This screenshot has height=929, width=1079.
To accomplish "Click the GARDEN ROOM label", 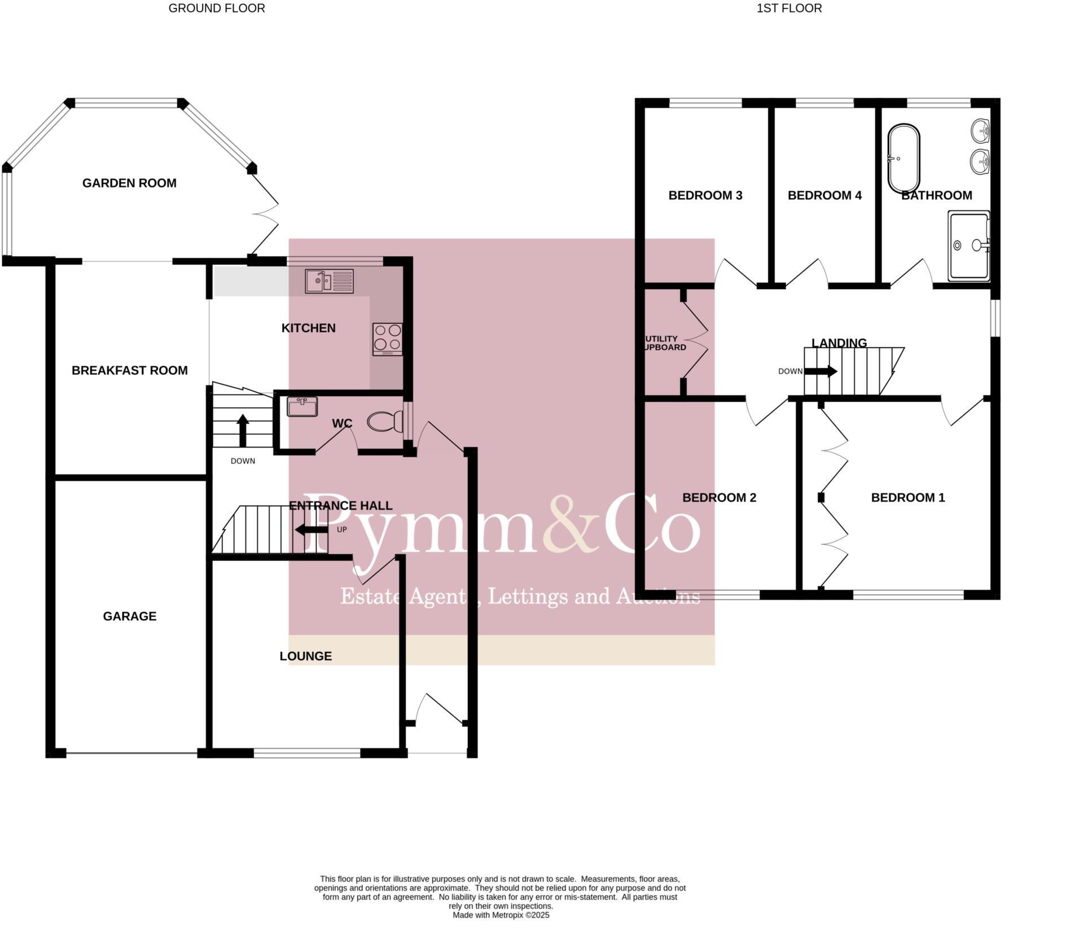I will point(129,183).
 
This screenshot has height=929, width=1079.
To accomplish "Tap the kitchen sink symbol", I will point(329,281).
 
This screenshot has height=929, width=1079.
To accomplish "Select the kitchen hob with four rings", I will point(387,339).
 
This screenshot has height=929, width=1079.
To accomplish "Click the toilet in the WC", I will point(385,422).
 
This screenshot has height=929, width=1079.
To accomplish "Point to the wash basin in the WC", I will point(302,406).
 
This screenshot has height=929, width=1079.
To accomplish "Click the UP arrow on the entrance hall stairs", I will point(311,529).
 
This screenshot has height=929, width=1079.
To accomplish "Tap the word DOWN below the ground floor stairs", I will point(243,461).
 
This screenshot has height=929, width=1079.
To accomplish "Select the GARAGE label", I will point(129,616).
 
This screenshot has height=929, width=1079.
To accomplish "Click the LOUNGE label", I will point(305,656).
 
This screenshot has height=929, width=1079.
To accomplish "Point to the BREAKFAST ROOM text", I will point(129,370).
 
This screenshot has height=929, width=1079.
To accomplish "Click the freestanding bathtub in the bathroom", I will point(903,159).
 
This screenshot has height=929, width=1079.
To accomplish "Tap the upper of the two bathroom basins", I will point(981,132).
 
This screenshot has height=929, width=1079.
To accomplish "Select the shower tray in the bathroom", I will point(968,246).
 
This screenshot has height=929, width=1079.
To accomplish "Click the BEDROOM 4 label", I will point(824,195).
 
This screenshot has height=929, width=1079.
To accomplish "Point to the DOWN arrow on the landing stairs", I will point(820,371).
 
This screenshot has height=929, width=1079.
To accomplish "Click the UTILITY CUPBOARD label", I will point(664,343).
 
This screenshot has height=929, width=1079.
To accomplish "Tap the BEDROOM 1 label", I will point(907,497).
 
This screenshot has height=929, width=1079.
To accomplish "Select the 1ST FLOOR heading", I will point(789,8).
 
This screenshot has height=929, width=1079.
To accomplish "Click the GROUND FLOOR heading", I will point(217,8).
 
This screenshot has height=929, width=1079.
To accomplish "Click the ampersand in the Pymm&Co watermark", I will point(571,525).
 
